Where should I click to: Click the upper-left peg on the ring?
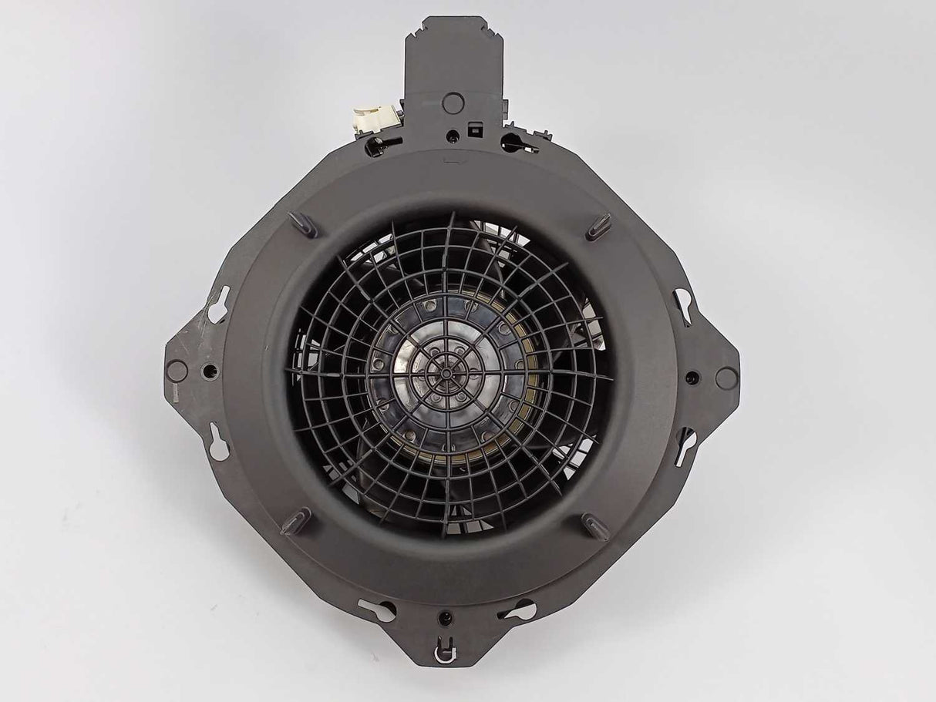(x=302, y=224)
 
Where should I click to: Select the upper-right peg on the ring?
(x=599, y=227)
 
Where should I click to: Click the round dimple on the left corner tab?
(x=177, y=371)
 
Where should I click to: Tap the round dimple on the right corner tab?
(x=726, y=378)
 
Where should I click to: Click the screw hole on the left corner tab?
(x=209, y=372)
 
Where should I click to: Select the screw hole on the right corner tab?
(x=692, y=378)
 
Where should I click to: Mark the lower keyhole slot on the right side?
(x=685, y=445)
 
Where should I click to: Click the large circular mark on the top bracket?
(x=453, y=101)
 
